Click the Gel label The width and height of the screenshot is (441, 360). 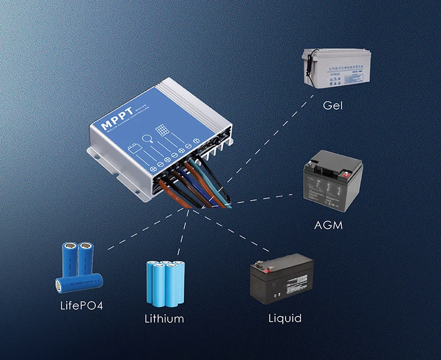(x=332, y=104)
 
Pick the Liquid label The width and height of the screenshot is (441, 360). (x=284, y=318)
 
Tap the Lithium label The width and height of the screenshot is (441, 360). (x=164, y=319)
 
